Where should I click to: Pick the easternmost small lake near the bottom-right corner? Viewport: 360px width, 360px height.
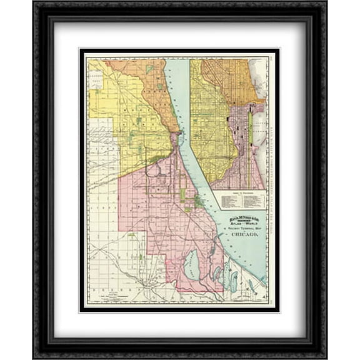pyautogui.click(x=251, y=285)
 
